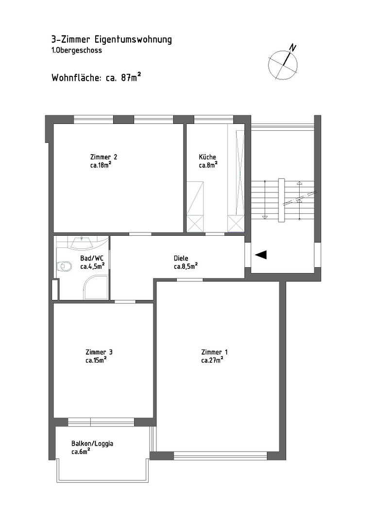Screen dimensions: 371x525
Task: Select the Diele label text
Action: (181, 259)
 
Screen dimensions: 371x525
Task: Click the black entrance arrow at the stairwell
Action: (261, 255)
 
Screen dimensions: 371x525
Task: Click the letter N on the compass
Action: (293, 48)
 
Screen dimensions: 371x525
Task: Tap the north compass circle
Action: (283, 65)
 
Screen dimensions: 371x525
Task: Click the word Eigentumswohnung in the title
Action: (133, 40)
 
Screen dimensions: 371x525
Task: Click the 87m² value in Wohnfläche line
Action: (131, 78)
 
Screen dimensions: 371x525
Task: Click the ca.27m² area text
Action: (212, 360)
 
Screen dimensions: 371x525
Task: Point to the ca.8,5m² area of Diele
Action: (185, 266)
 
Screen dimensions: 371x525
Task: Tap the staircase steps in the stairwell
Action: (283, 200)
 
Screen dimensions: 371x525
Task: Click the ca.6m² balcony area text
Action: (81, 452)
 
